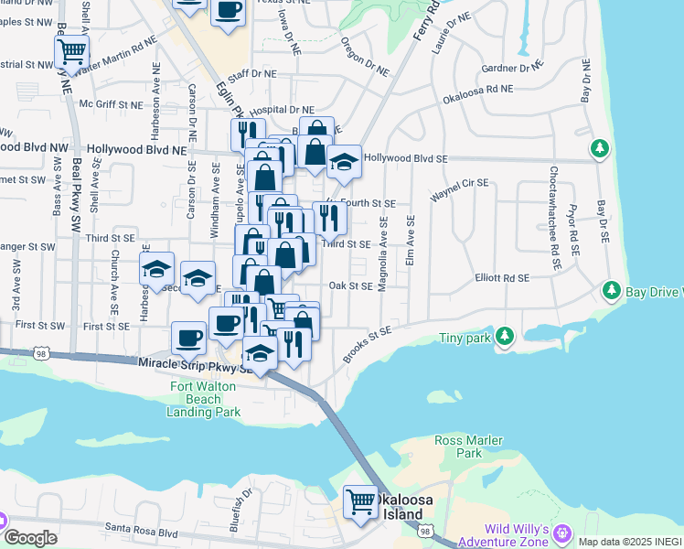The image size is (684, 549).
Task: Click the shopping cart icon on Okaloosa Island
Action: pos(360,501)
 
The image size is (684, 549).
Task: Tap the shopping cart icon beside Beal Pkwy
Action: pos(72,50)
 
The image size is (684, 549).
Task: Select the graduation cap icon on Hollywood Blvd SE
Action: pos(344,163)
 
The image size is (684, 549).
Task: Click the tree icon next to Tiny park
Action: pos(504,337)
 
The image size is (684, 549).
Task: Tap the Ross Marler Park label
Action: pos(468,447)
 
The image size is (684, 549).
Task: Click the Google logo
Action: pos(30,537)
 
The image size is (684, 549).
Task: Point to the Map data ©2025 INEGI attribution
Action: pos(630,542)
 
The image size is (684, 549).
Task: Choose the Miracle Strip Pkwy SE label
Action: pos(194,364)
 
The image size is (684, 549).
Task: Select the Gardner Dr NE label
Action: pos(512,68)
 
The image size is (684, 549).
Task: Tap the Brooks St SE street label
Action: pos(368,345)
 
